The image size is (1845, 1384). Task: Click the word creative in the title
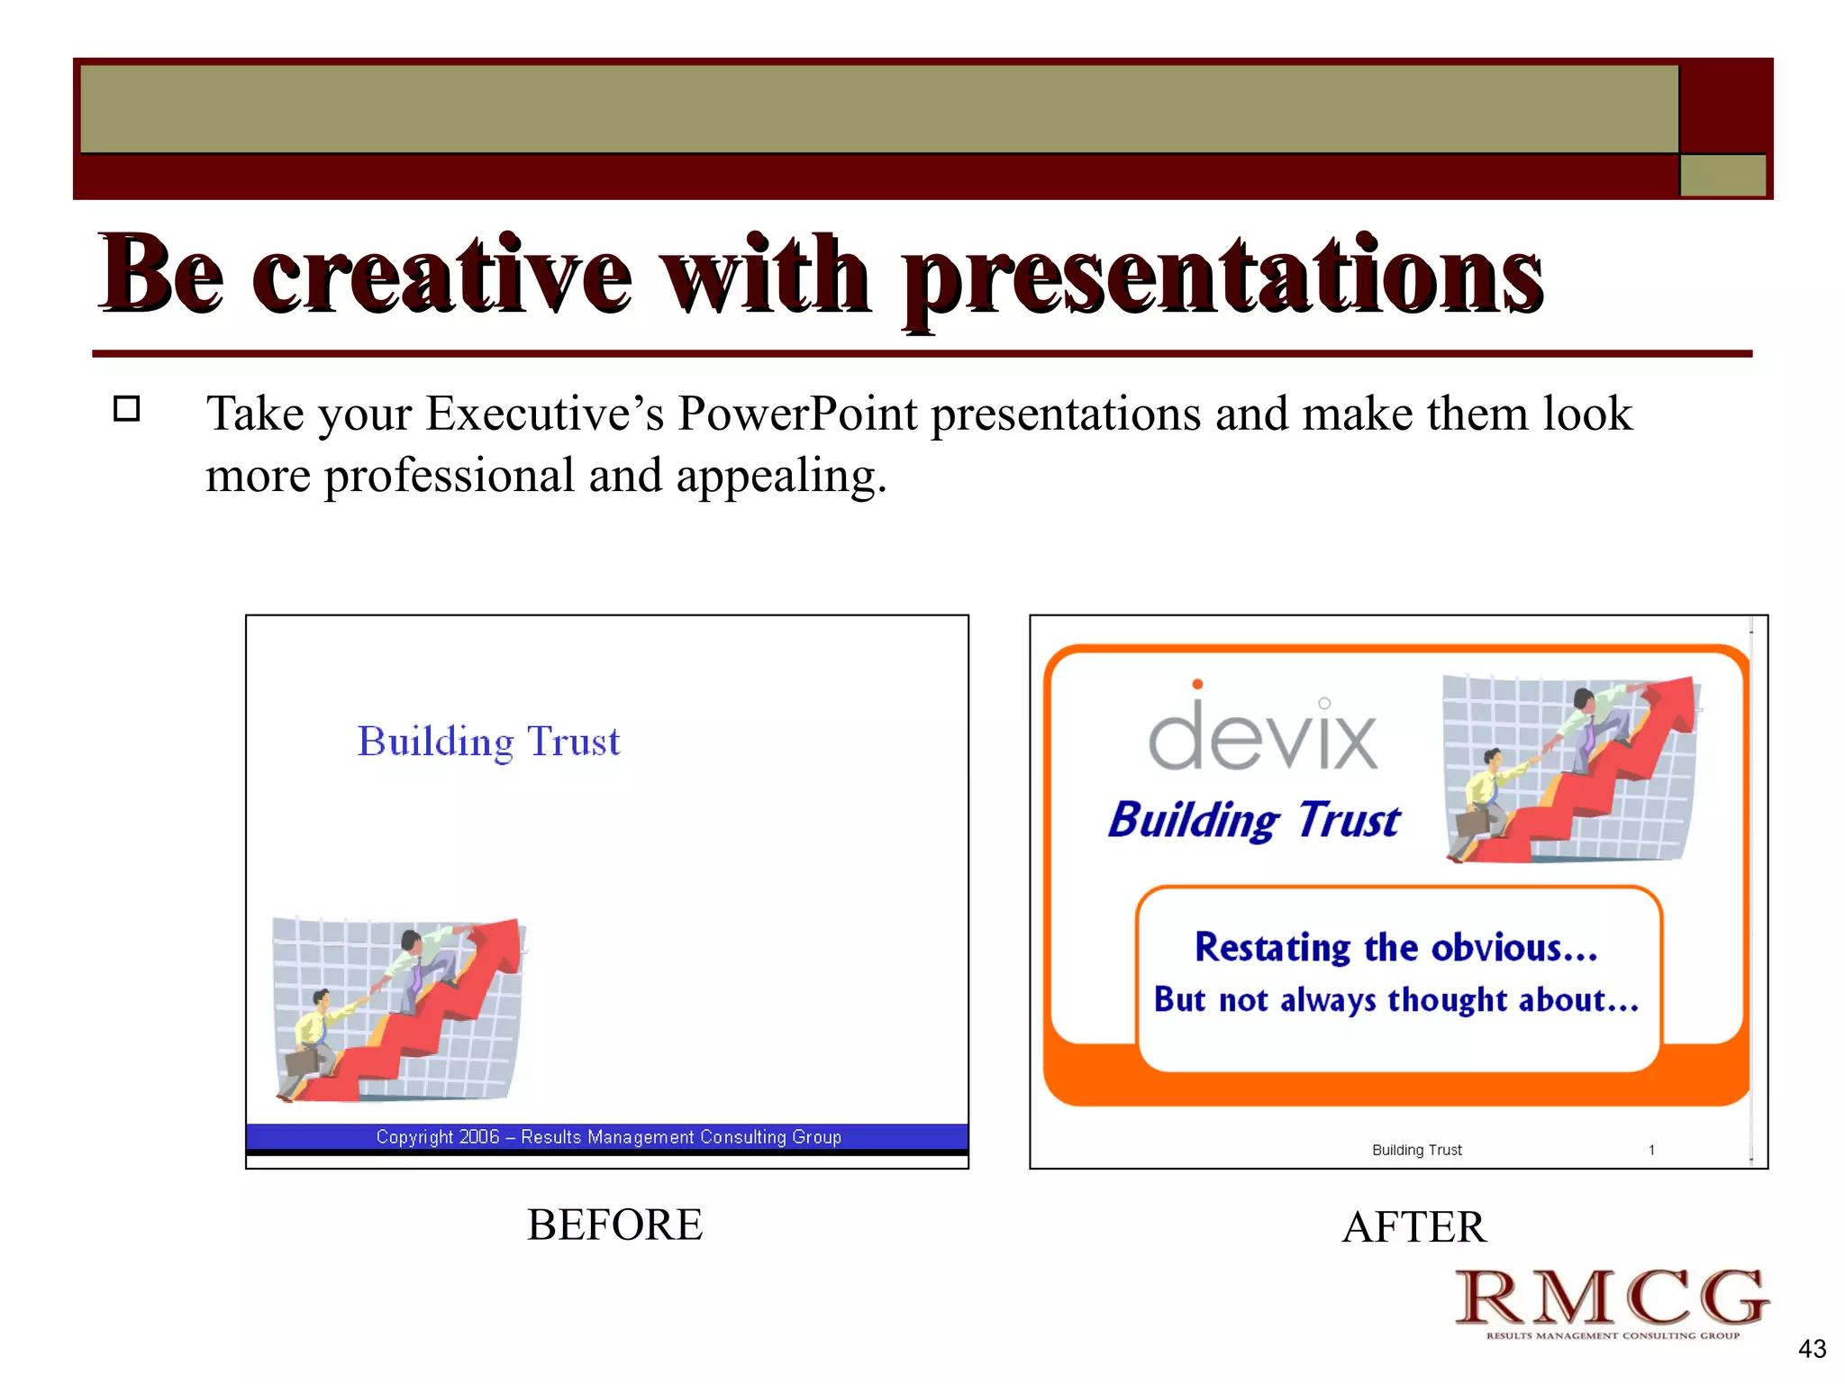pos(441,275)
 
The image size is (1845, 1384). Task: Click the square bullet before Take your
pos(127,409)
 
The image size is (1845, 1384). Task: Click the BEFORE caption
pos(614,1225)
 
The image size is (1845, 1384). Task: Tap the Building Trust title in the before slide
pos(488,742)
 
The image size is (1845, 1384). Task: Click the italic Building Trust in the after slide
pos(1254,820)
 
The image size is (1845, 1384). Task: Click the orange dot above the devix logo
pos(1197,684)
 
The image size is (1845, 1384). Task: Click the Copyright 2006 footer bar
pos(608,1137)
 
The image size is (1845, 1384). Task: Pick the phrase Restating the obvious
pos(1395,948)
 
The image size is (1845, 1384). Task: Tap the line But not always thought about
pos(1395,1000)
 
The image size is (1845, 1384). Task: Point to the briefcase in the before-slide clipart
pos(302,1061)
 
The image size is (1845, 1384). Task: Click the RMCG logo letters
pos(1612,1297)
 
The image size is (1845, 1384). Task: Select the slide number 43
pos(1812,1349)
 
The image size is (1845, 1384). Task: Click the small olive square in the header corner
pos(1722,175)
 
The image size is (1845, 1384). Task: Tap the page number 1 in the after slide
pos(1651,1150)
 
